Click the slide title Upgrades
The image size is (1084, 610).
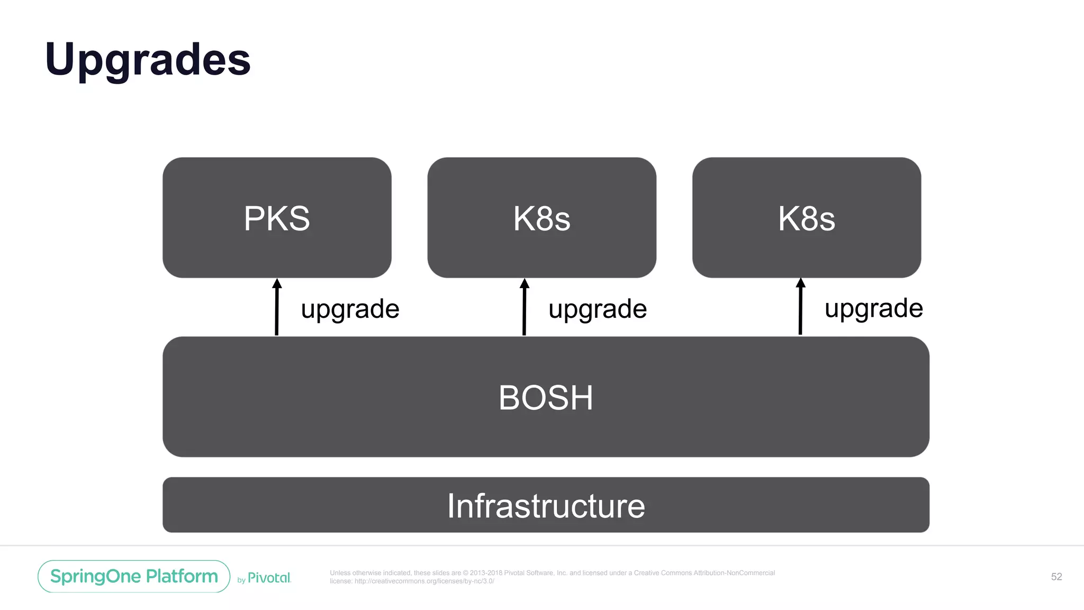(148, 60)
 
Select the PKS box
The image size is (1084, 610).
(277, 218)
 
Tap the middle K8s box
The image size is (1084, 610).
(541, 218)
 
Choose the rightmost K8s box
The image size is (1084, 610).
(806, 218)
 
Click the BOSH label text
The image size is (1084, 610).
(546, 398)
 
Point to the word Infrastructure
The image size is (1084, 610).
(546, 506)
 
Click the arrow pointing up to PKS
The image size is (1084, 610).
(276, 310)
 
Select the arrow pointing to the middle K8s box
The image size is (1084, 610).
(524, 310)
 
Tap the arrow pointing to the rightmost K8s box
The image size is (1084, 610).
(800, 310)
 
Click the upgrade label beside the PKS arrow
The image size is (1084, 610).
(350, 309)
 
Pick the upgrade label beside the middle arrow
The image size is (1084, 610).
(598, 309)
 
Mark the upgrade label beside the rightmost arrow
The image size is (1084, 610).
(873, 308)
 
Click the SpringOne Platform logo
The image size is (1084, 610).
(134, 576)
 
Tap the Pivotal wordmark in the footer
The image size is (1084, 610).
(269, 578)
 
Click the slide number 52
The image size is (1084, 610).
(1056, 577)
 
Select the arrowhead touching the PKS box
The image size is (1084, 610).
(277, 284)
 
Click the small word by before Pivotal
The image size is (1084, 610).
(241, 580)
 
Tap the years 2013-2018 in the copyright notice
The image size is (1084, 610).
(485, 573)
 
